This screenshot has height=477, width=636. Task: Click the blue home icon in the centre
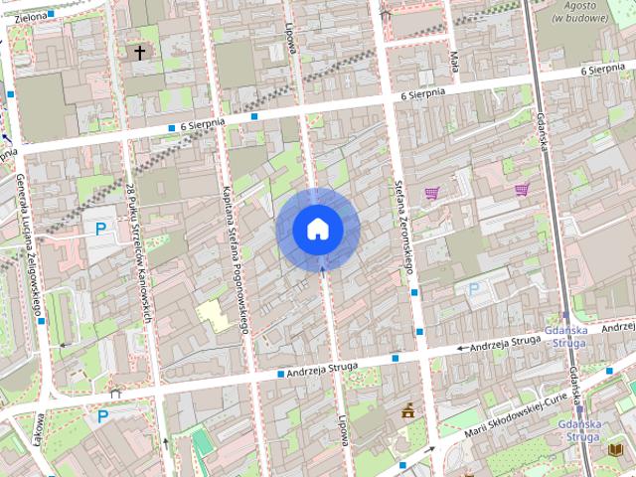pyautogui.click(x=318, y=229)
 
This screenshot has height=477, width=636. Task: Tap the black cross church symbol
pyautogui.click(x=140, y=52)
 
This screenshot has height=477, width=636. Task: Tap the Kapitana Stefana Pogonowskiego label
pyautogui.click(x=234, y=258)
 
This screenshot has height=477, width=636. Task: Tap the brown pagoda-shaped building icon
pyautogui.click(x=408, y=410)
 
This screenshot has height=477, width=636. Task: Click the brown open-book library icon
pyautogui.click(x=615, y=450)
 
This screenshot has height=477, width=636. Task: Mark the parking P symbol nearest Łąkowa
pyautogui.click(x=102, y=416)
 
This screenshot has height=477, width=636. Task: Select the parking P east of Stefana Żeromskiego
pyautogui.click(x=473, y=289)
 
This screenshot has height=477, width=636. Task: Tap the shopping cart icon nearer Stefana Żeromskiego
pyautogui.click(x=432, y=193)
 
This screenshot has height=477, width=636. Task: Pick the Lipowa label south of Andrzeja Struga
pyautogui.click(x=341, y=428)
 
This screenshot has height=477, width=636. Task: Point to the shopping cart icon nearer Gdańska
pyautogui.click(x=522, y=189)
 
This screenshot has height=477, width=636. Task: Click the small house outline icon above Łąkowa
pyautogui.click(x=116, y=392)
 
